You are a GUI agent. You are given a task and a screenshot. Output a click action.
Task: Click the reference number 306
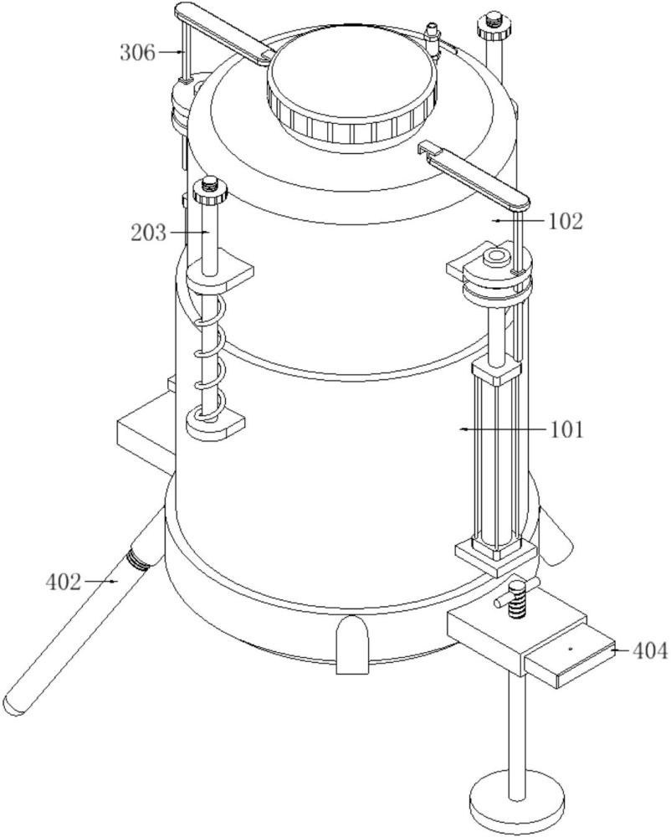pos(137,53)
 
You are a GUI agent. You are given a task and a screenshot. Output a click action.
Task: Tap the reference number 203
pos(149,233)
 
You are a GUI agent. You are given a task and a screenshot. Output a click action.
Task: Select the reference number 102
pos(566,220)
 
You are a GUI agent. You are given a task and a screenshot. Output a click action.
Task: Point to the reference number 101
pos(566,429)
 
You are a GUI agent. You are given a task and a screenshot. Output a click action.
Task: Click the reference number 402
pos(64,582)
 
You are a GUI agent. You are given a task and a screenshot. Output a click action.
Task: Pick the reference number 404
pos(649,650)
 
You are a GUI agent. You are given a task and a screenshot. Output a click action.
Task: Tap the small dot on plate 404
pos(571,649)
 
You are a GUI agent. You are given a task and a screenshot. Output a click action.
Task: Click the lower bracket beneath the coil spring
pos(215,426)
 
